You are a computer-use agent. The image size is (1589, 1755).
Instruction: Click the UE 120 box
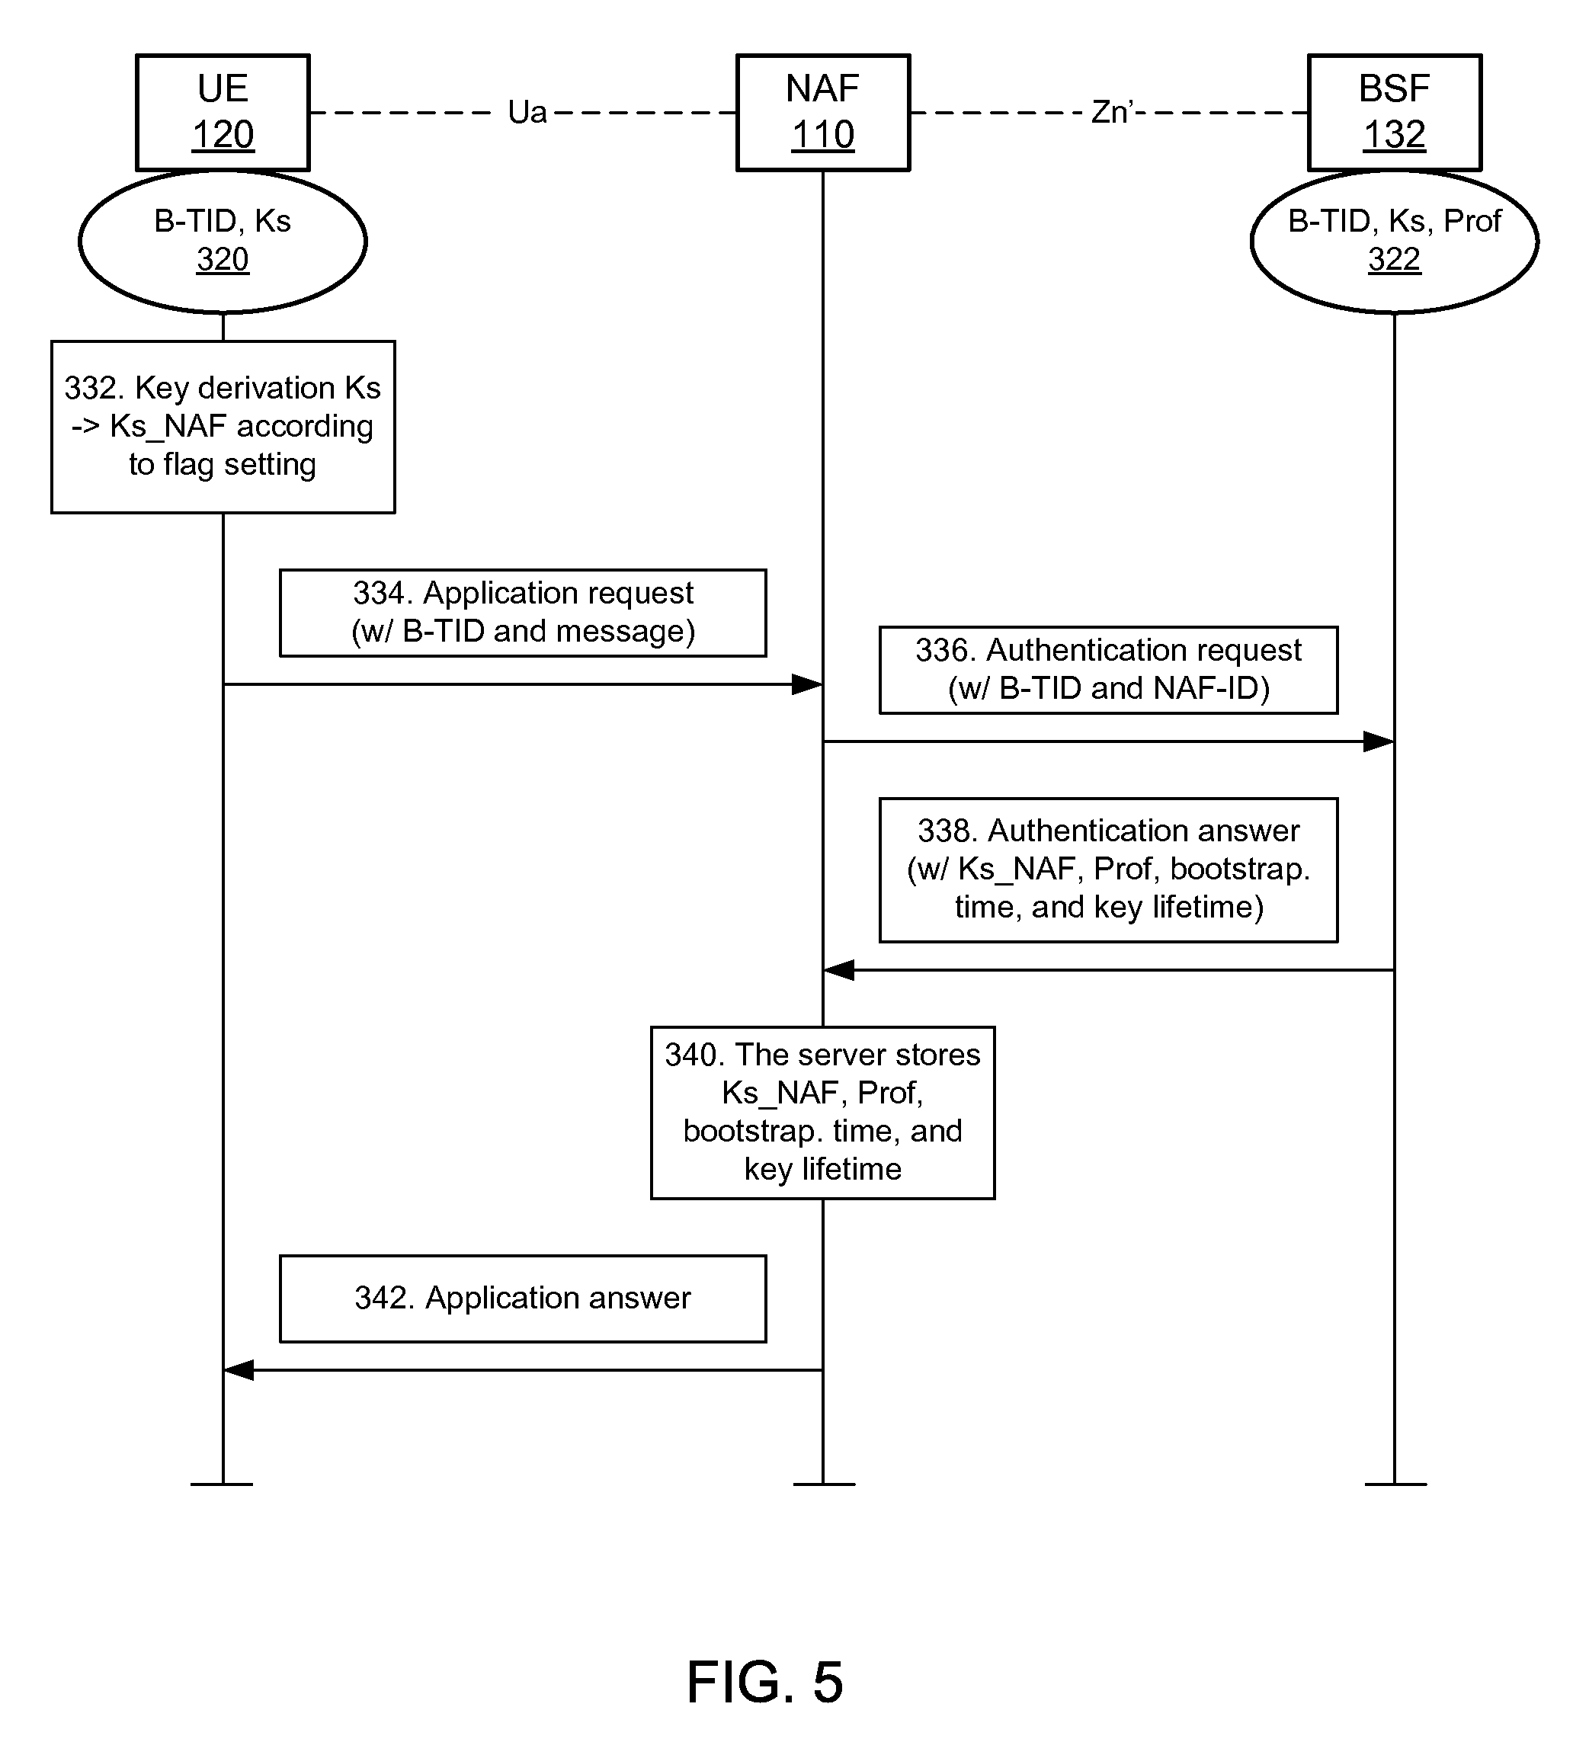222,112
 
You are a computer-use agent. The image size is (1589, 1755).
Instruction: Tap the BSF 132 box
1393,112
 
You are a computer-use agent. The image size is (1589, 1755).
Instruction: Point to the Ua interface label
527,112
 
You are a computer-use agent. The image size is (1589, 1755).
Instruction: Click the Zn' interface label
1112,112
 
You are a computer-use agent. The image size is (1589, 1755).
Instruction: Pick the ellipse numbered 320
222,241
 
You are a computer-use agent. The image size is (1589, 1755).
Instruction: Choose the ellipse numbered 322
1393,241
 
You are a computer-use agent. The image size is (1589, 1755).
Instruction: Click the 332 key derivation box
222,427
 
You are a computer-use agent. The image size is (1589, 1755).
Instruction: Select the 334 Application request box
522,613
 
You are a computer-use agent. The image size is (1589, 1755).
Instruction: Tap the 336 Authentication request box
1107,669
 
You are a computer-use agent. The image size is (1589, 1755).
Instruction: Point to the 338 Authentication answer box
1107,869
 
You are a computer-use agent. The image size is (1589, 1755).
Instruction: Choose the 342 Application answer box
522,1298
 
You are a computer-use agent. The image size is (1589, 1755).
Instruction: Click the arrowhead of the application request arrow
807,684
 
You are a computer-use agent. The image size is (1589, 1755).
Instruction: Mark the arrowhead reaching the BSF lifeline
1379,741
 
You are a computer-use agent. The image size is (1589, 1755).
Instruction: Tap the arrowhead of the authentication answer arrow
839,970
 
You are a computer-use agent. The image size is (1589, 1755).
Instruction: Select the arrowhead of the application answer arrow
239,1370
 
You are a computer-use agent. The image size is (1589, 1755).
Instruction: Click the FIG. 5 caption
764,1682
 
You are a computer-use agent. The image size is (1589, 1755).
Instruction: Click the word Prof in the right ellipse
1472,221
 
